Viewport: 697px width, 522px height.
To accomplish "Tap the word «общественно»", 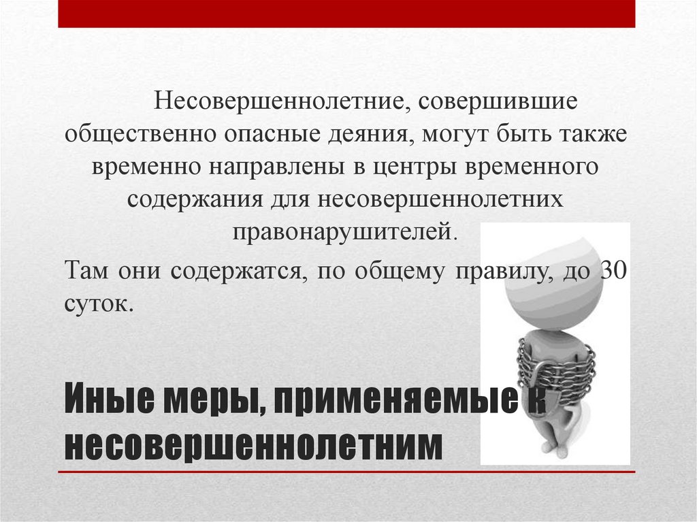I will [139, 134].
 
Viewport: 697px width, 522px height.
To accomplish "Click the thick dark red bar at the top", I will [346, 14].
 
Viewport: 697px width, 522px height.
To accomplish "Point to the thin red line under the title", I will [346, 472].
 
